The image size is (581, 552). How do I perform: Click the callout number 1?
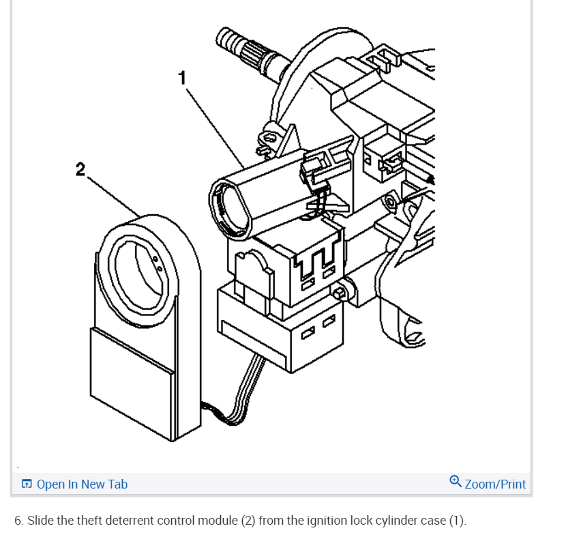[x=182, y=77]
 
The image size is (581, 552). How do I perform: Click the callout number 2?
[x=80, y=169]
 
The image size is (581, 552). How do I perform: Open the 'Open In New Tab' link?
[x=82, y=484]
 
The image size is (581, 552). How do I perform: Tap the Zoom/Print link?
[x=495, y=484]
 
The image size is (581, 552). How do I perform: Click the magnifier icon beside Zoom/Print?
[x=456, y=482]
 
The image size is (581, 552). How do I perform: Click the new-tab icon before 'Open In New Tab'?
[x=27, y=484]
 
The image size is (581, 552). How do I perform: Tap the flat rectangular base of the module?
[x=133, y=379]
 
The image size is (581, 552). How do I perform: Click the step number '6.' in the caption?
[x=19, y=521]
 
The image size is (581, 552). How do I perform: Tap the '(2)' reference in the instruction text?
[x=248, y=521]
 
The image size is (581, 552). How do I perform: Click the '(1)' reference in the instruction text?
[x=457, y=521]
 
